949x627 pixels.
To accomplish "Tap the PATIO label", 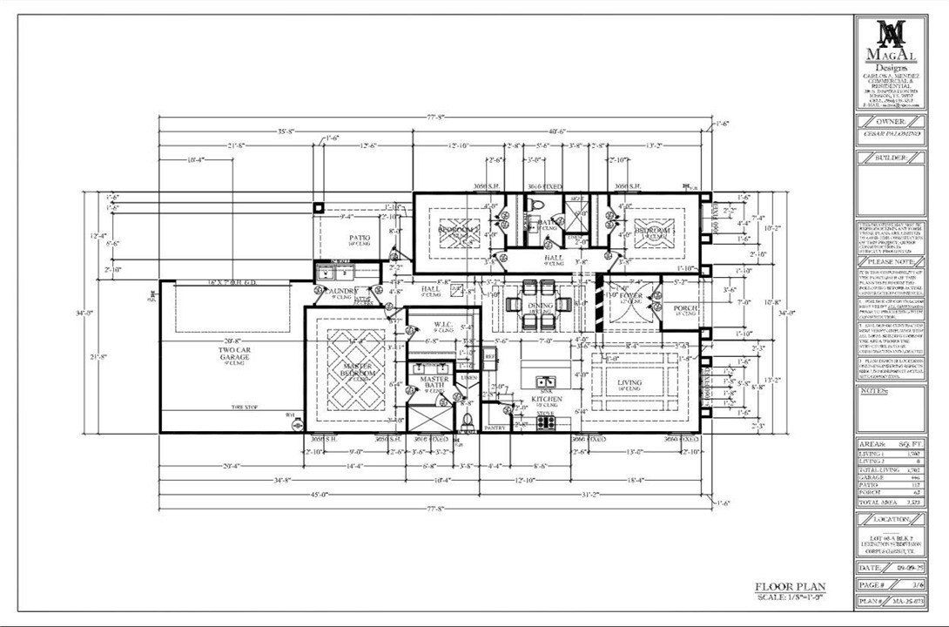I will coord(360,238).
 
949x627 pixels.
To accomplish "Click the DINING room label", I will coord(541,307).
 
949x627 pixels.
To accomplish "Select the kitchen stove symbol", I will coord(546,422).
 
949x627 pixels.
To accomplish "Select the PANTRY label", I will coord(495,428).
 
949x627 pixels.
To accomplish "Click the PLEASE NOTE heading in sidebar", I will coord(892,260).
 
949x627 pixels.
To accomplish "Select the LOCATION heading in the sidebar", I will coord(892,519).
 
